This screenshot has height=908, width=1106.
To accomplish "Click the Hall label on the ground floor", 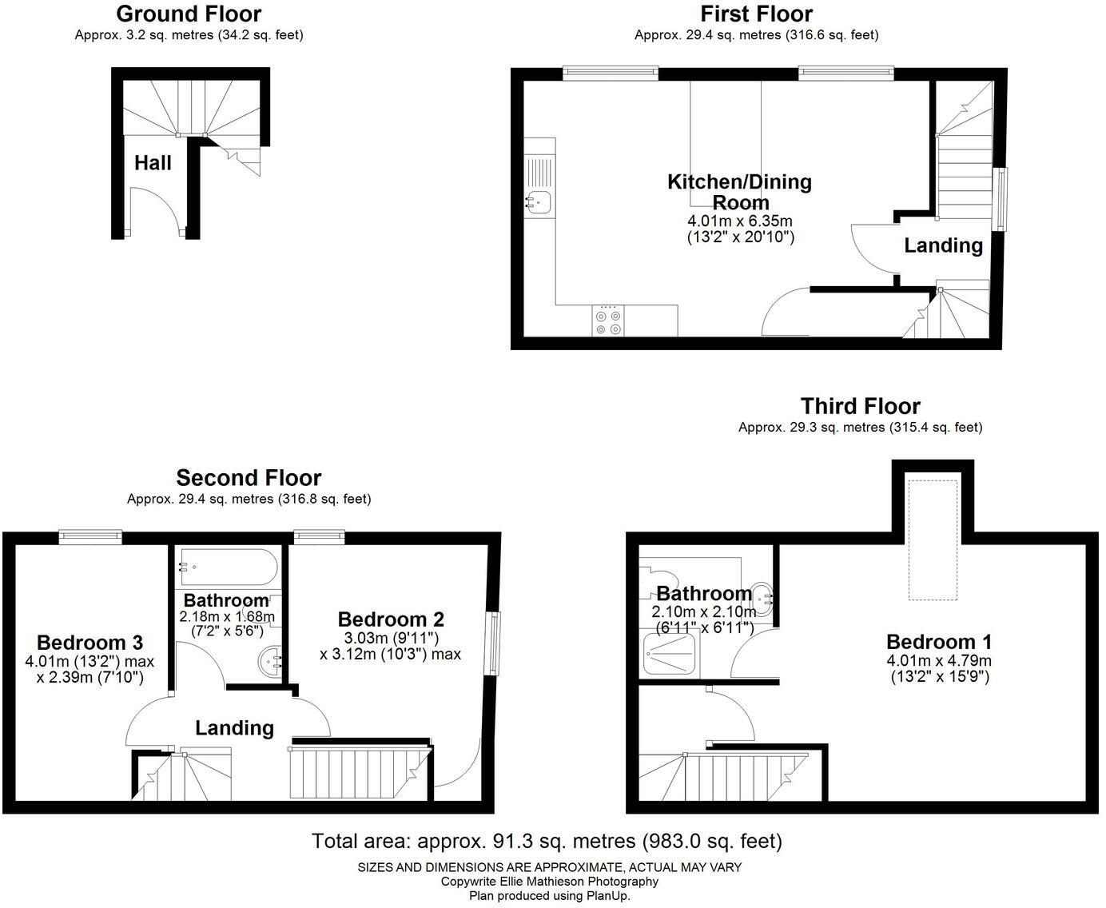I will point(153,163).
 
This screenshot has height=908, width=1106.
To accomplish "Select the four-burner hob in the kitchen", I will point(607,321).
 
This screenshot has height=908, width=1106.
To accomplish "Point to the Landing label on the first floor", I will point(943,245).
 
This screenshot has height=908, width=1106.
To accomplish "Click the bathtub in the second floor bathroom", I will point(227,567).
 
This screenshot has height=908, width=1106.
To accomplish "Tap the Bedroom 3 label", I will point(90,643).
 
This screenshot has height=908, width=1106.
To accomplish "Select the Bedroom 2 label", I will point(391,619).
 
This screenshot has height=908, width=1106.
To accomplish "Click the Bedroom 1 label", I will point(939,642).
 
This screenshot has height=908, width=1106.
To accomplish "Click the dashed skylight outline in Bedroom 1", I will point(933,539).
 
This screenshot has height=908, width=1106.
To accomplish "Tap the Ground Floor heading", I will point(189,14).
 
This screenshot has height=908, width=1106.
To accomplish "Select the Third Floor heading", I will point(860,406).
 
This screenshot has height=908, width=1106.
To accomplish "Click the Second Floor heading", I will point(249,478).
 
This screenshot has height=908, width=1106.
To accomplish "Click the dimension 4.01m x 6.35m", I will point(740,221).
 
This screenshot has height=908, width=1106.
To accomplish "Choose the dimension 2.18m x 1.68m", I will point(226,617).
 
